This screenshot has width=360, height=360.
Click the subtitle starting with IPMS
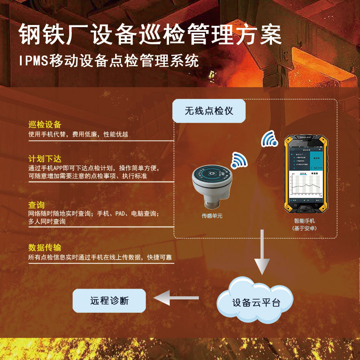[109, 60]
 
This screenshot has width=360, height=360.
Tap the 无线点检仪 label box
[209, 111]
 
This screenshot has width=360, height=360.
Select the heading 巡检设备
[45, 125]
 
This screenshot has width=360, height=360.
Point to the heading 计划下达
[45, 159]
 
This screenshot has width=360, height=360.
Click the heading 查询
[36, 205]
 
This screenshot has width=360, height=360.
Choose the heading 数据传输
[45, 248]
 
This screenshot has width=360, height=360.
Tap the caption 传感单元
[212, 216]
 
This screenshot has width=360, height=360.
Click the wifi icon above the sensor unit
[239, 160]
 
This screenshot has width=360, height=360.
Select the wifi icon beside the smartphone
[269, 139]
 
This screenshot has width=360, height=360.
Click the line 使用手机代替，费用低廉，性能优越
[78, 134]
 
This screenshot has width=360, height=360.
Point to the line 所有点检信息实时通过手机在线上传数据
[100, 258]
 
